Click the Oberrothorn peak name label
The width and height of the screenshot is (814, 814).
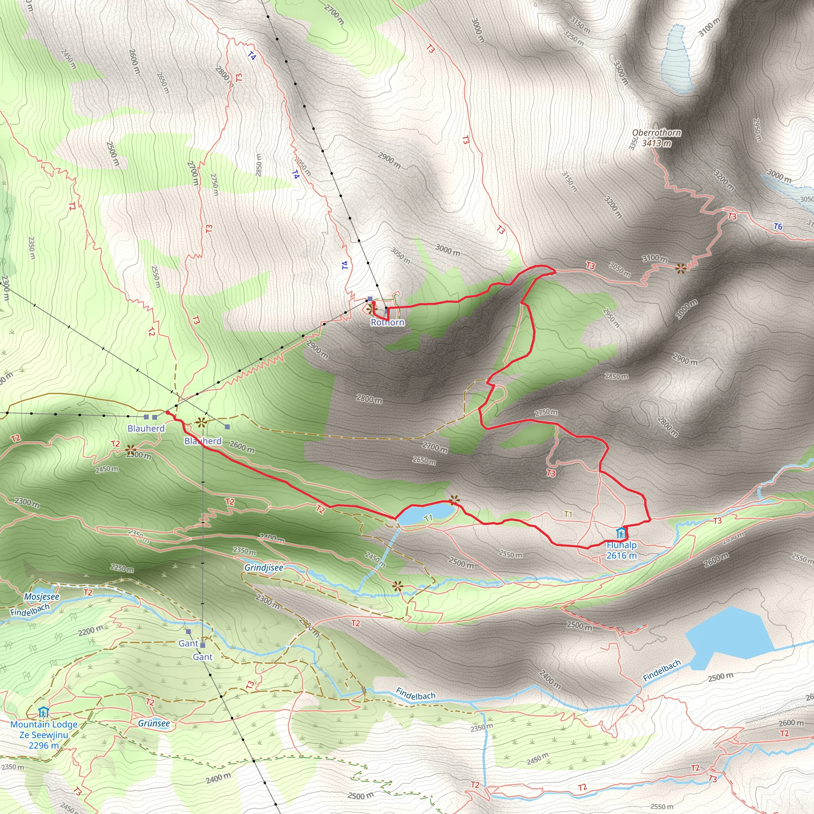657,133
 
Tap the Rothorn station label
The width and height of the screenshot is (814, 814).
387,322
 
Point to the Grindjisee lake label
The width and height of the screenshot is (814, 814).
264,568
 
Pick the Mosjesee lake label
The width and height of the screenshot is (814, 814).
42,597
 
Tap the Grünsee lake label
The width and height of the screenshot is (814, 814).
154,723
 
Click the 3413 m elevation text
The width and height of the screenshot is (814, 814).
657,143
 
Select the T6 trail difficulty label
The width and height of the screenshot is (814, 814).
778,227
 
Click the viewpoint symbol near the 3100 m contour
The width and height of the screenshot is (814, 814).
681,268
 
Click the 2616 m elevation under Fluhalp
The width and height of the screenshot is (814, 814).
622,555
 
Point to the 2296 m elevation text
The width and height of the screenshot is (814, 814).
43,745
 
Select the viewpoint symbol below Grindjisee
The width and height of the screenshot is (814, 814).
397,586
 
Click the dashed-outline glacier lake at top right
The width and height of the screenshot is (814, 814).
676,59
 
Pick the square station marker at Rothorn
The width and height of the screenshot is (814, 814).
370,299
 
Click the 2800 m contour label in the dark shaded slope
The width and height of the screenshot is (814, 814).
369,399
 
